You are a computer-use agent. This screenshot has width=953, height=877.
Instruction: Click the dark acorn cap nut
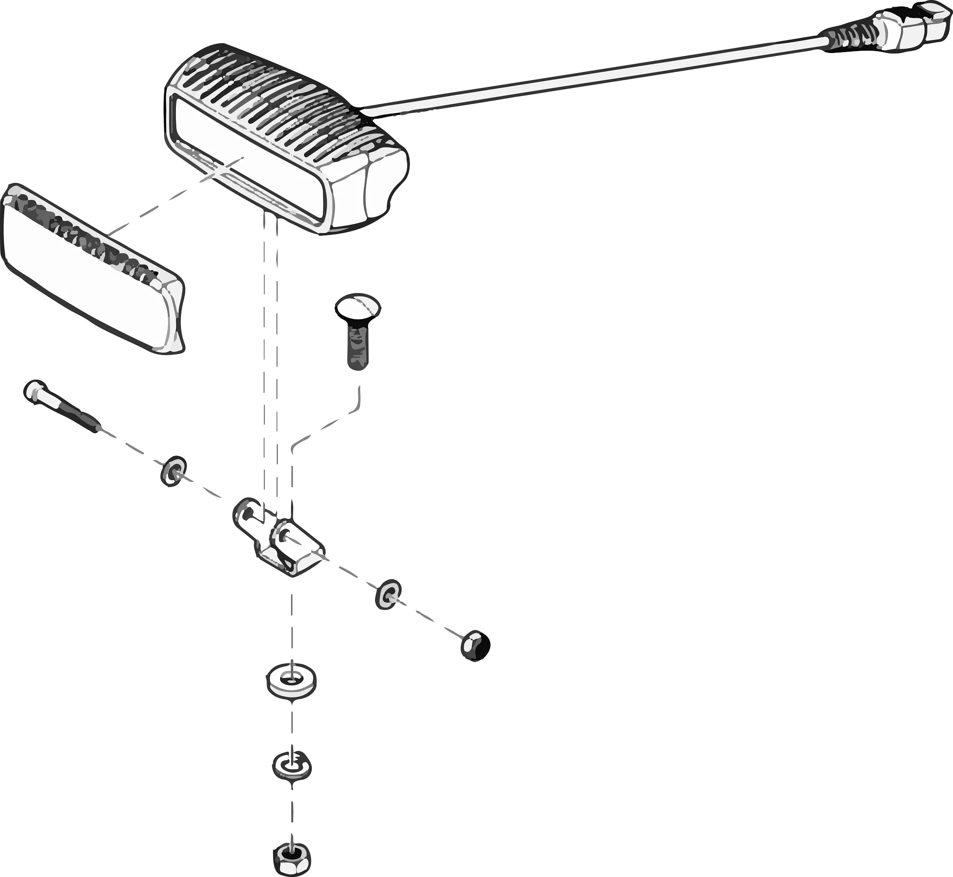pos(475,645)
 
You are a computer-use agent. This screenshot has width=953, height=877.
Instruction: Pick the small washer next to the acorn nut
pos(388,594)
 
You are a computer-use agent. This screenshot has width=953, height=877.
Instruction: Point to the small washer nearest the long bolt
pos(173,471)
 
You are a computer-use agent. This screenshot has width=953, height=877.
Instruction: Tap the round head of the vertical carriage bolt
pos(358,306)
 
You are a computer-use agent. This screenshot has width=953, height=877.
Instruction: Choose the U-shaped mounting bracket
pos(280,541)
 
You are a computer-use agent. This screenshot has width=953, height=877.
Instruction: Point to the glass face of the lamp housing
pos(247,157)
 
